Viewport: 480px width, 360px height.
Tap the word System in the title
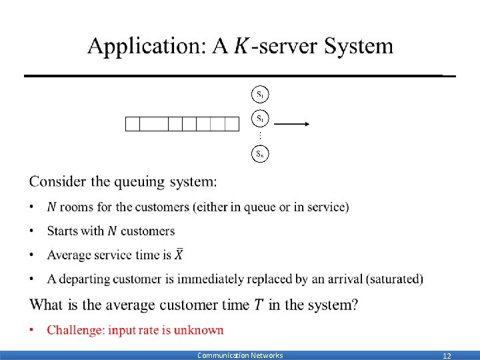tap(359, 47)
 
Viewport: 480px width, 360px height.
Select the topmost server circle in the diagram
tap(260, 94)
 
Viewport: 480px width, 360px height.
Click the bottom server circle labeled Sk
tap(260, 154)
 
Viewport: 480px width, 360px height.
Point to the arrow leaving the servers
tap(291, 123)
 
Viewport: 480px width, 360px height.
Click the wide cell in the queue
tap(154, 123)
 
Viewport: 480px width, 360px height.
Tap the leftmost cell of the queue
tap(133, 123)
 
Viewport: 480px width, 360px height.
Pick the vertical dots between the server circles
tap(260, 137)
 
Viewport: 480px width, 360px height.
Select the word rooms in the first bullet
tap(77, 207)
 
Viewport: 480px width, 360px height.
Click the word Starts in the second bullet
tap(64, 231)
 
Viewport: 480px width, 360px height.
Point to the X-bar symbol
tap(179, 254)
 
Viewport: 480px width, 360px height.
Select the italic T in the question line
tap(258, 305)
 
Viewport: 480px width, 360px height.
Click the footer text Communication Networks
tap(240, 355)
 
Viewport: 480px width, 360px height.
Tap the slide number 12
tap(447, 356)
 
